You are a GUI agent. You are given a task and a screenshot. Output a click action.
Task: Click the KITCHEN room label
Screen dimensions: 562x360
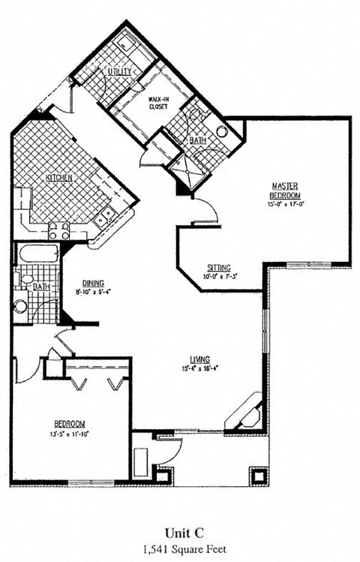59,178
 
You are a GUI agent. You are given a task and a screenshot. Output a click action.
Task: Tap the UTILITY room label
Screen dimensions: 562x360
120,72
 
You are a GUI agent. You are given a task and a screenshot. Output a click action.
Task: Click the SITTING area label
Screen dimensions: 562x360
220,268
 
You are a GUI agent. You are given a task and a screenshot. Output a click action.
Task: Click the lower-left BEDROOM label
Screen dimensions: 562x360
70,424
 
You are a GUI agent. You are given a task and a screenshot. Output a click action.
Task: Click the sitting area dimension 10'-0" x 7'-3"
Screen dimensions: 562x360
220,277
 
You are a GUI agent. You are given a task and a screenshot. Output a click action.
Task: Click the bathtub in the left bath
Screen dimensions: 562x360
37,255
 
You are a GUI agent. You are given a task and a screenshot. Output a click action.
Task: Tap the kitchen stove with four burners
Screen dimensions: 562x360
59,230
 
